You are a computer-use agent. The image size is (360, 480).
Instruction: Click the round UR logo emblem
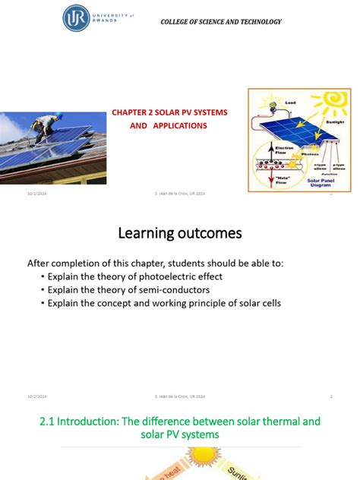76,18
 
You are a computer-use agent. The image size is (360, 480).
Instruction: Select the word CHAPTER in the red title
130,112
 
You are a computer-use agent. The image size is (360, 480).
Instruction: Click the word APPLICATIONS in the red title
178,125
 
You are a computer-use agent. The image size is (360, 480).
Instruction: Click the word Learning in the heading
146,232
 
